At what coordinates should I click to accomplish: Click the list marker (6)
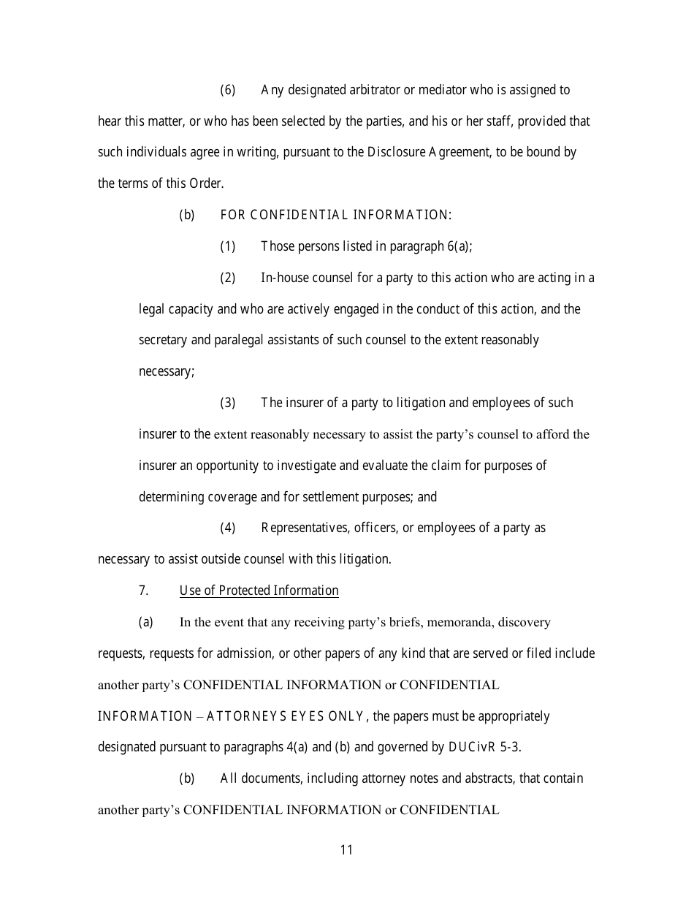click(228, 90)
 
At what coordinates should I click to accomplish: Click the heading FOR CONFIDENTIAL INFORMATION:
click(335, 215)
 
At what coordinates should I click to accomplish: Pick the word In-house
click(283, 278)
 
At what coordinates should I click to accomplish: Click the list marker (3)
click(228, 403)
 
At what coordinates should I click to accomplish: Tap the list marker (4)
click(228, 528)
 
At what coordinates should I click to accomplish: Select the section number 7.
click(144, 591)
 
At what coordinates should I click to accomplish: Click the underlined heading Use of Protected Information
click(259, 591)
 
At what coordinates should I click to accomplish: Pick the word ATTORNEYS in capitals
click(240, 716)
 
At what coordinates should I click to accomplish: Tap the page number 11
click(346, 849)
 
